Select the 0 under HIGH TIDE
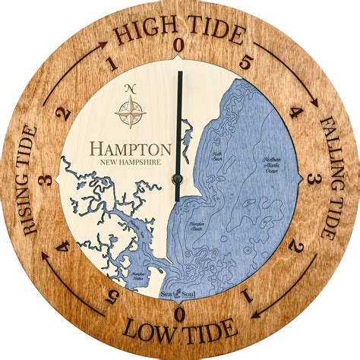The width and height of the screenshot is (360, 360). [178, 46]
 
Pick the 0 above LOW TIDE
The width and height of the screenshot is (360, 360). [179, 314]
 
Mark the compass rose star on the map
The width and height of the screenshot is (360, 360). [129, 112]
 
